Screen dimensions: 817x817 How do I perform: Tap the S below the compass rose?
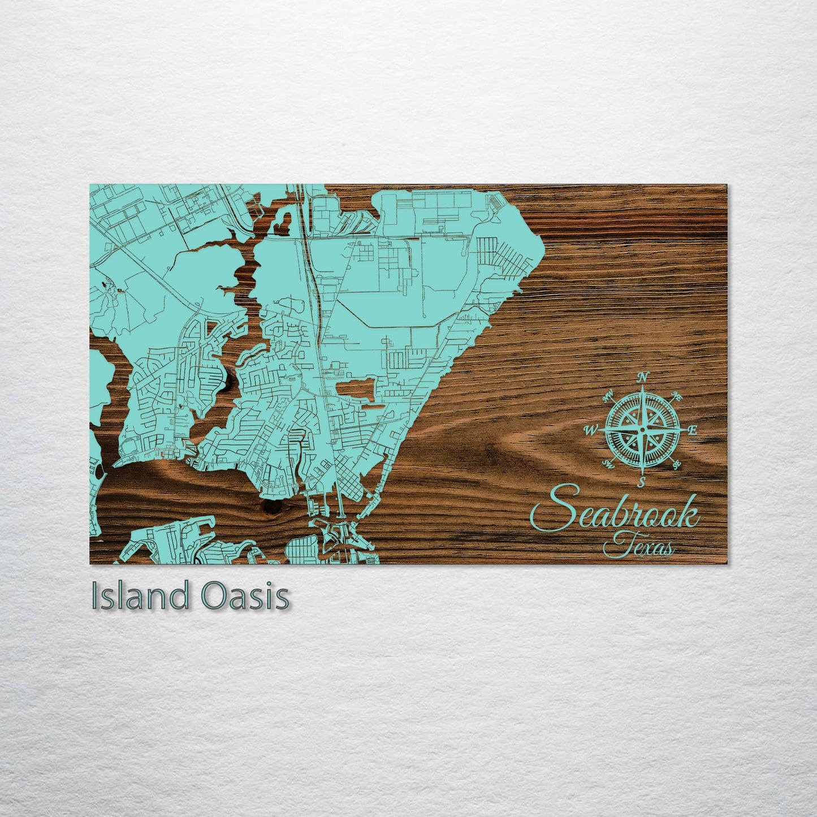click(642, 482)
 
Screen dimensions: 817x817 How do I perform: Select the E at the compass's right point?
click(693, 430)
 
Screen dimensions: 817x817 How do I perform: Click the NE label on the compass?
click(677, 397)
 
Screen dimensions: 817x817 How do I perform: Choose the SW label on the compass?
click(608, 464)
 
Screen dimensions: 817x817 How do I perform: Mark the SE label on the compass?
click(676, 465)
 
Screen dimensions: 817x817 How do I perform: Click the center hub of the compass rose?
click(642, 430)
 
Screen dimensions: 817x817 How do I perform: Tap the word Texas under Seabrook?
click(639, 547)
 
